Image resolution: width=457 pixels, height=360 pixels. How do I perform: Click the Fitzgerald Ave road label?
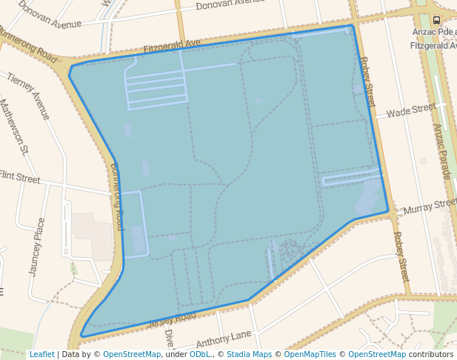coord(172,46)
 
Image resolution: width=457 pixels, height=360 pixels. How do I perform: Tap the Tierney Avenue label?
coord(27,96)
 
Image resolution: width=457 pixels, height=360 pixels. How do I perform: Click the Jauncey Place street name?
coord(36,247)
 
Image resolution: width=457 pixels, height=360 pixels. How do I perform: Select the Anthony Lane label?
coord(224,339)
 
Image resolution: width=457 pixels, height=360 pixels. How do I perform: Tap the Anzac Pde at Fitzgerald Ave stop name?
coord(436,39)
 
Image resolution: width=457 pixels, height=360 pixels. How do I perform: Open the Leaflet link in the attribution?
coord(41,354)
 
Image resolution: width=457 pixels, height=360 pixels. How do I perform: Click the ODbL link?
coord(199,354)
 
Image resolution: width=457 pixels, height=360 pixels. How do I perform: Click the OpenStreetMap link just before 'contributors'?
coord(377,354)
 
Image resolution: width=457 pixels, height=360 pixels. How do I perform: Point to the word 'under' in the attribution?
coord(176,354)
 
